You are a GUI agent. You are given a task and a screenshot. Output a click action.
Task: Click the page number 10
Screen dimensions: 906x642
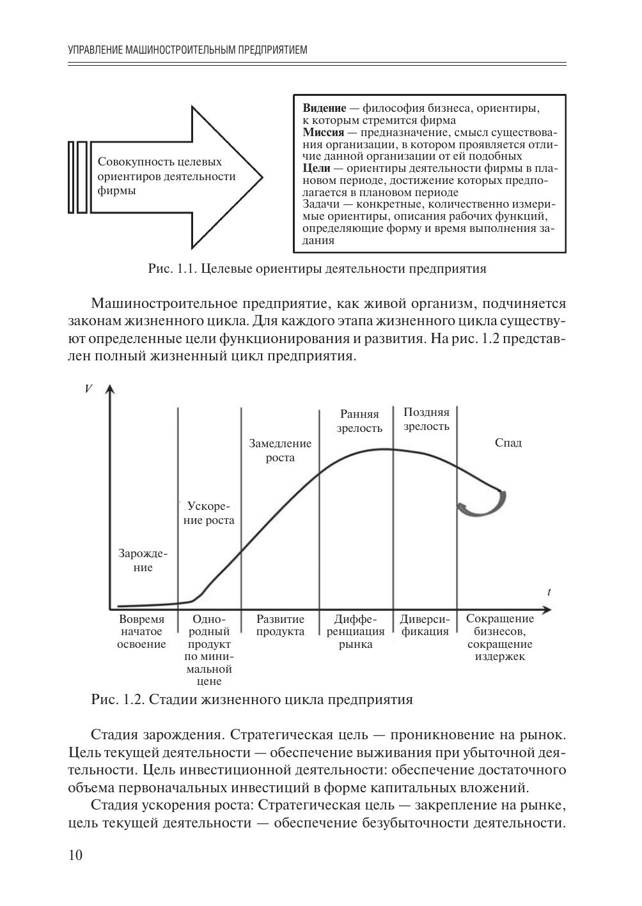[x=75, y=856]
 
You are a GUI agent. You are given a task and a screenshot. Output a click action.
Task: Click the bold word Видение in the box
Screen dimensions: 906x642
[x=324, y=109]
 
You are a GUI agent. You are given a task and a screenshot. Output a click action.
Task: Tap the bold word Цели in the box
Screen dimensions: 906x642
[x=316, y=168]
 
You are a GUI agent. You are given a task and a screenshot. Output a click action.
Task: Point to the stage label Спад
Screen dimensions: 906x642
[x=508, y=443]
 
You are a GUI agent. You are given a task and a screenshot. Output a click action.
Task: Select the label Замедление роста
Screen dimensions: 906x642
[x=280, y=450]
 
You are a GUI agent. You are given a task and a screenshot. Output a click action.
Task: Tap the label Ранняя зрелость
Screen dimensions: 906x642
[x=359, y=421]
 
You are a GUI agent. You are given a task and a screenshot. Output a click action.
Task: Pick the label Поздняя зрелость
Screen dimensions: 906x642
[x=426, y=419]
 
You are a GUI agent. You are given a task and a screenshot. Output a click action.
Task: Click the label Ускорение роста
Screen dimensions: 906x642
[x=209, y=512]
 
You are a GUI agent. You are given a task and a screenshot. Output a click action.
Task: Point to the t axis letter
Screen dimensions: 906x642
[x=549, y=592]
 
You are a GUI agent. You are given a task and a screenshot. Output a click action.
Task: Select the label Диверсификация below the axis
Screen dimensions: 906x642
[x=425, y=626]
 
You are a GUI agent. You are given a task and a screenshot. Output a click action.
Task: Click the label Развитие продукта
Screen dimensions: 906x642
[x=280, y=626]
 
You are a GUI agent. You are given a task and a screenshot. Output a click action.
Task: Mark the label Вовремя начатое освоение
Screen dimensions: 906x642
[x=142, y=631]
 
